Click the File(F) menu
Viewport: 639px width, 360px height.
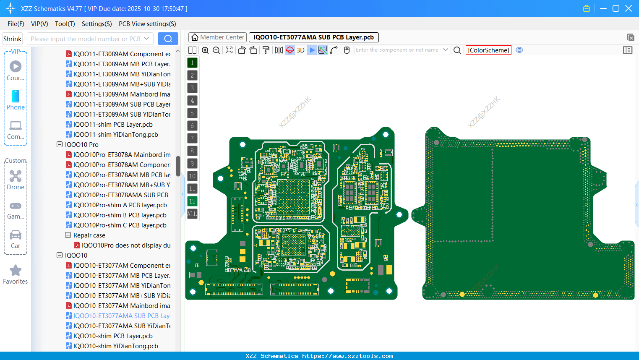coord(16,24)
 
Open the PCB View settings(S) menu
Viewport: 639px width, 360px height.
coord(147,24)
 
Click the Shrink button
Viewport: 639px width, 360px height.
coord(12,39)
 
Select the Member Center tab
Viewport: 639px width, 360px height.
coord(217,37)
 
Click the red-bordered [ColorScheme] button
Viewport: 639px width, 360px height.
coord(488,50)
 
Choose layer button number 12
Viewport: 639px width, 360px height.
coord(192,201)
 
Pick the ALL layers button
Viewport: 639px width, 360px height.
coord(192,214)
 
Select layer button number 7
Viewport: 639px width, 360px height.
coord(192,138)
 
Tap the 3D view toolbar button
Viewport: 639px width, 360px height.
coord(300,50)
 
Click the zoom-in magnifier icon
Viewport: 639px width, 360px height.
coord(205,50)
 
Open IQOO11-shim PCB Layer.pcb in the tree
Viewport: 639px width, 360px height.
coord(112,125)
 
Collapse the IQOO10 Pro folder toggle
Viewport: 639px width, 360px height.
coord(60,145)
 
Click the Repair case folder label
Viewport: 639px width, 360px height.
coord(89,235)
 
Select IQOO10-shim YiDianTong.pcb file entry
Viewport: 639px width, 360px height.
coord(115,346)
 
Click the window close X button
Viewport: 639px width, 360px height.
coord(629,8)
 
